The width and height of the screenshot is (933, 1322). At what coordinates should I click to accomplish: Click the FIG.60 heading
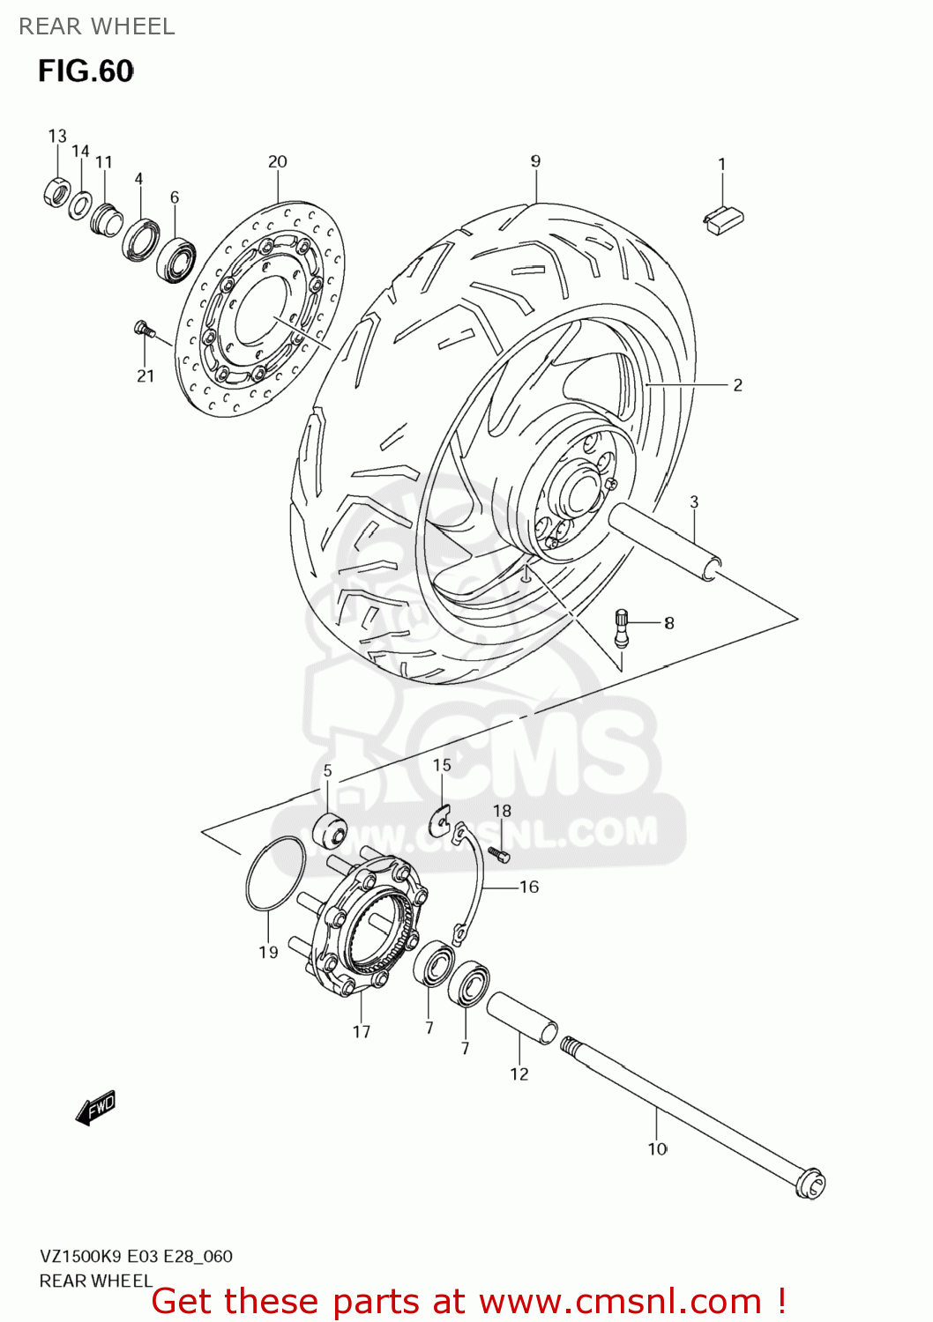click(86, 71)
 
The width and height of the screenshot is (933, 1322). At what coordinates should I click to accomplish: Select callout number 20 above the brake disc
click(278, 161)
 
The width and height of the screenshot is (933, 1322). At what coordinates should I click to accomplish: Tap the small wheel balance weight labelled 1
click(723, 219)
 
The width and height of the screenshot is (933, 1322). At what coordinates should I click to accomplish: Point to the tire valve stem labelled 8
click(621, 628)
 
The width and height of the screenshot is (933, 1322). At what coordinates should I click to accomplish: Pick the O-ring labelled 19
click(275, 874)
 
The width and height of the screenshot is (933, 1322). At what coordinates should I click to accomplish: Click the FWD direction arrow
click(95, 1108)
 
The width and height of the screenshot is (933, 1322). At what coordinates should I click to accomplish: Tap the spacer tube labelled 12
click(521, 1018)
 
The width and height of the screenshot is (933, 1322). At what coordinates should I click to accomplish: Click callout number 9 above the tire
click(535, 161)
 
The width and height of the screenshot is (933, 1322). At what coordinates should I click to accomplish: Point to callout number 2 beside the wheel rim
click(737, 385)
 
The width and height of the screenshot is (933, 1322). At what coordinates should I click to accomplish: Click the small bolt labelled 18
click(499, 854)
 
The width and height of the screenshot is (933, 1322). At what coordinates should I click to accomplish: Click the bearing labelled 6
click(176, 260)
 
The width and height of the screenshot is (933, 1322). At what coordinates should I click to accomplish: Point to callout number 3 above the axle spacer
click(694, 501)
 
